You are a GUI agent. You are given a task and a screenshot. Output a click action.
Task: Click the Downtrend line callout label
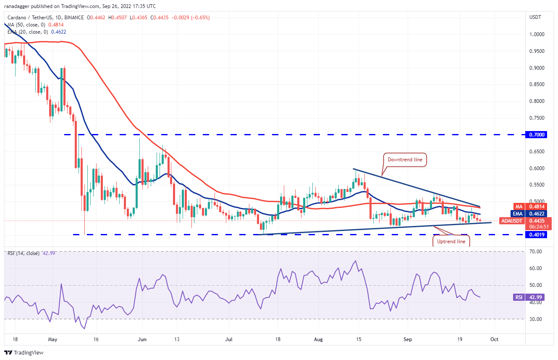pos(405,160)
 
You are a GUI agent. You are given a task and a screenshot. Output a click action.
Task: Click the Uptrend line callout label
pos(451,241)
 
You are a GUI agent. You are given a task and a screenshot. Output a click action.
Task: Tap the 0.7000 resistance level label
pos(537,134)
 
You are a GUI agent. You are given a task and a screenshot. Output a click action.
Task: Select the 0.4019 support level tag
pos(537,235)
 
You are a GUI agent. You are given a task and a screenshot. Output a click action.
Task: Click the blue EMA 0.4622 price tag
pos(537,213)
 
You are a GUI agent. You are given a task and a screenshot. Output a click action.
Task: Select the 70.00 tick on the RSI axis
pos(536,251)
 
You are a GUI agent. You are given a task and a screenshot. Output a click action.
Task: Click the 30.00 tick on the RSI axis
pos(536,319)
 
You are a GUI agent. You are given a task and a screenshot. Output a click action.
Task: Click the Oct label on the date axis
pos(495,339)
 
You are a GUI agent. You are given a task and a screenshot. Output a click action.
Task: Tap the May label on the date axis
pos(52,339)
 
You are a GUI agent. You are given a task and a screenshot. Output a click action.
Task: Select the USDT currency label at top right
pos(535,17)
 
